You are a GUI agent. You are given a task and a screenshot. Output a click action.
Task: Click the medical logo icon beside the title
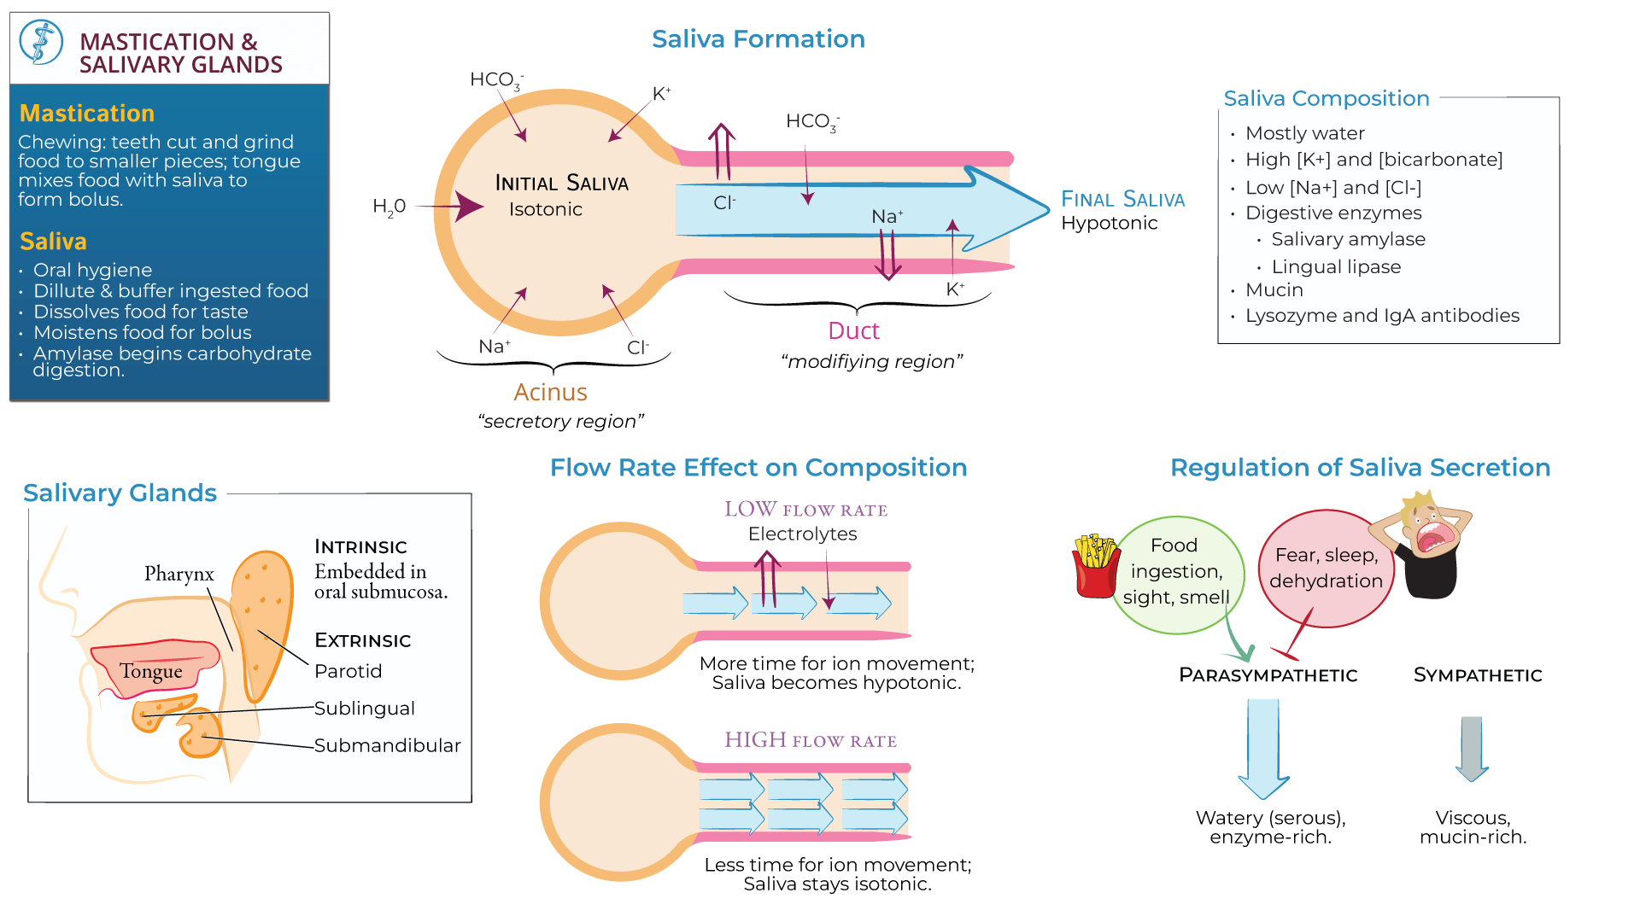[41, 43]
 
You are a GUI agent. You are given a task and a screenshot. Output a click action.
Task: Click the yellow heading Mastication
[86, 114]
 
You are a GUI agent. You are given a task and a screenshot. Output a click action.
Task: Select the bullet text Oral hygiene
[92, 270]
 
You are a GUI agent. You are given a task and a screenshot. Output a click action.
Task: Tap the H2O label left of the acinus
[389, 207]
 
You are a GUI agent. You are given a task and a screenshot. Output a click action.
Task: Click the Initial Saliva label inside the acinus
[561, 183]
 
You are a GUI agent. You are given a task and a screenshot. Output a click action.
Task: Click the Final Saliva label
[1122, 200]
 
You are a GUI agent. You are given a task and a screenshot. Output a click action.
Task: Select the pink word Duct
[852, 331]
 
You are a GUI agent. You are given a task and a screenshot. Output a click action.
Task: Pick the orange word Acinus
[550, 393]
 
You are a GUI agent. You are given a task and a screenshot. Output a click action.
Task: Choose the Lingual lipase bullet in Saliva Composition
[1335, 267]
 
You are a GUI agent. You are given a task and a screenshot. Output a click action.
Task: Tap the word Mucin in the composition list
[1274, 290]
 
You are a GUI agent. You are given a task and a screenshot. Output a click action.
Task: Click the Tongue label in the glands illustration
[150, 671]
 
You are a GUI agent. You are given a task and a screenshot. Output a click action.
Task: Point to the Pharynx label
[179, 574]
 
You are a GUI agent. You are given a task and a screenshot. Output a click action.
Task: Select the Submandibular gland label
[387, 745]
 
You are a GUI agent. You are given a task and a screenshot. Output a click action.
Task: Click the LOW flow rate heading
[805, 510]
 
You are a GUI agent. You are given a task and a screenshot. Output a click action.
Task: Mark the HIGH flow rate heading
[810, 740]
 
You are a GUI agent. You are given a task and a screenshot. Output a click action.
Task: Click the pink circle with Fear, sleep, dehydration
[1326, 569]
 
